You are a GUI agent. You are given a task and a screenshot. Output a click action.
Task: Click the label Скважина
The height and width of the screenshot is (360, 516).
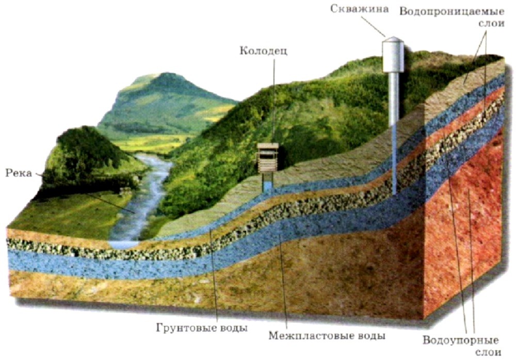(x=359, y=9)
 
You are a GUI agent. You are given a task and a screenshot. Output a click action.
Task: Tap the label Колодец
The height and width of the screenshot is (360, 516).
(x=263, y=51)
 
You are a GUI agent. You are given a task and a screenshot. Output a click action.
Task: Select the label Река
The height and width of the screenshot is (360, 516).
(x=19, y=173)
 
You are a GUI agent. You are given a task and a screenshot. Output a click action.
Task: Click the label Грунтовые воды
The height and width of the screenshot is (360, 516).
(x=202, y=328)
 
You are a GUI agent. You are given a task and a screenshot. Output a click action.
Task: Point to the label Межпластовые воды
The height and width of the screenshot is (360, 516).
(x=327, y=336)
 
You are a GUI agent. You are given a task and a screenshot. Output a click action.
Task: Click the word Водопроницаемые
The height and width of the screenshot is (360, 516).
(x=452, y=12)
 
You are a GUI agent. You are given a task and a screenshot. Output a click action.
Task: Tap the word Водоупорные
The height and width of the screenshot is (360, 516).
(x=460, y=340)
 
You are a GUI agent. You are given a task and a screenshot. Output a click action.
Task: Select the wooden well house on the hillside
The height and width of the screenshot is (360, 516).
(x=267, y=158)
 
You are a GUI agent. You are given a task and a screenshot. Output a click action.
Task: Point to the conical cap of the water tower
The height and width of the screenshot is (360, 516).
(x=393, y=39)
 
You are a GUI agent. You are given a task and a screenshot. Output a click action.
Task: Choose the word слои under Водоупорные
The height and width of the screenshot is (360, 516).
(x=488, y=352)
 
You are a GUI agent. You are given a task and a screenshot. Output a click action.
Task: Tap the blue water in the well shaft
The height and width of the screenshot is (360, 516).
(x=267, y=186)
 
